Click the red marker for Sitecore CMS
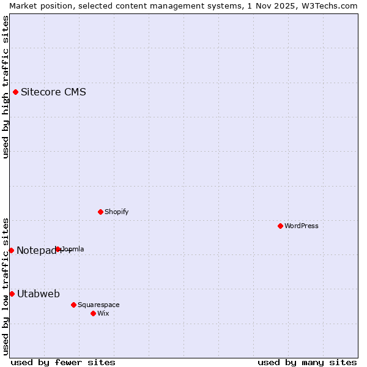(16, 92)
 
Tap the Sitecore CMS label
(53, 92)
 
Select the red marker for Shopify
(100, 212)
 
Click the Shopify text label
(116, 212)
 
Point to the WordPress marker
(280, 226)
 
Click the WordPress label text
(301, 226)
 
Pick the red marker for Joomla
(58, 249)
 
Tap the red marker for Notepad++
(11, 250)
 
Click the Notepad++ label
(43, 250)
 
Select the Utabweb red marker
(12, 294)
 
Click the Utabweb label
(38, 294)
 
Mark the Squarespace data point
(73, 305)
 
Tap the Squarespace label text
(98, 305)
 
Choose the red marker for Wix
(93, 313)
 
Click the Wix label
(103, 313)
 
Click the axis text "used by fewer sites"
(63, 362)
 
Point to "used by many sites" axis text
(307, 362)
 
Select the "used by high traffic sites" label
(6, 87)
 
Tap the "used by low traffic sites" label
(6, 286)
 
